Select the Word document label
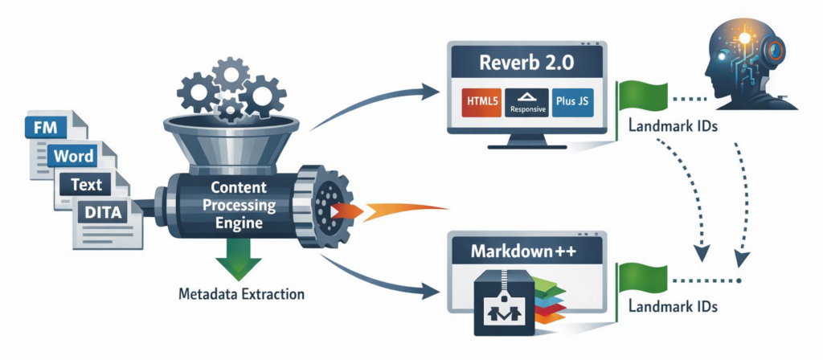click(x=73, y=155)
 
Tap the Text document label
click(x=86, y=184)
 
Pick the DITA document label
click(x=102, y=213)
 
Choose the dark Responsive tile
click(x=528, y=104)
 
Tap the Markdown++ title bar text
click(x=526, y=248)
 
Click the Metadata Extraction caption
click(x=241, y=294)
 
